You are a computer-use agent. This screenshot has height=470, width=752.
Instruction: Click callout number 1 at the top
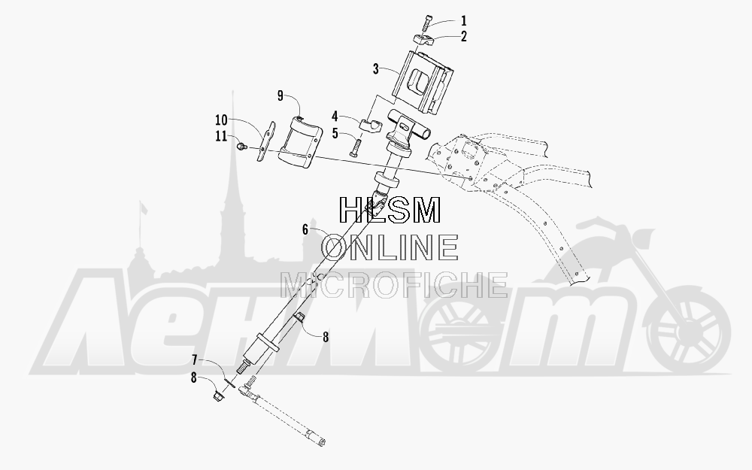click(464, 20)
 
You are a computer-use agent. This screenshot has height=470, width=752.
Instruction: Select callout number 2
click(464, 36)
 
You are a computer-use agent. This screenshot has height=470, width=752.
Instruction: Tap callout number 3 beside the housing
click(377, 69)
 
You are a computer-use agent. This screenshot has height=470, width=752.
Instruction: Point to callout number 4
click(335, 117)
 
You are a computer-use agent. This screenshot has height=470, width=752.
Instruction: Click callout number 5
click(335, 133)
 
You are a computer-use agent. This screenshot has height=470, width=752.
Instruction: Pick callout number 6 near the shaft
click(305, 229)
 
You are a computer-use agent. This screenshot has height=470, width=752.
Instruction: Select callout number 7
click(195, 359)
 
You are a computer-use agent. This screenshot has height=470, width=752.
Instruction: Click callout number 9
click(280, 96)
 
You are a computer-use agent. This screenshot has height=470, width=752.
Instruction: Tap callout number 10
click(220, 120)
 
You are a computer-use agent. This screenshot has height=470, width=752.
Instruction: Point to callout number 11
click(220, 136)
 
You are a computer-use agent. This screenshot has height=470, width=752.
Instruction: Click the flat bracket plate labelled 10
click(265, 141)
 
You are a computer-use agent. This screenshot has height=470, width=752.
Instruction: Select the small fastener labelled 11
click(241, 144)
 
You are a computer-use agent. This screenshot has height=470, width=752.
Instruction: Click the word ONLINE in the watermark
click(390, 247)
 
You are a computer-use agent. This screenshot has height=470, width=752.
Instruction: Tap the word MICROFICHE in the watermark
click(394, 285)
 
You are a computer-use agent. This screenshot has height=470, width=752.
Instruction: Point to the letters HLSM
click(390, 210)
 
